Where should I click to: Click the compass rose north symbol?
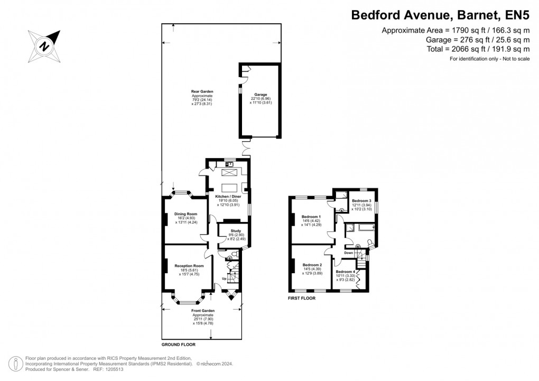45,44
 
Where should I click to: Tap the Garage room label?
260,95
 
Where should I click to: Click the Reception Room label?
189,266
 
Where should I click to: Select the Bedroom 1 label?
312,217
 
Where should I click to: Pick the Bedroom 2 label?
312,265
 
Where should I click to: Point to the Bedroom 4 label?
346,272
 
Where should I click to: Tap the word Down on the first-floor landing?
348,253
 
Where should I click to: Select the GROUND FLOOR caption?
179,345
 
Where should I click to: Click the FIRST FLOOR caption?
302,299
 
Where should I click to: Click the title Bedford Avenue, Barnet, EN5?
441,15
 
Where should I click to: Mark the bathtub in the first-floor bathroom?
365,228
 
